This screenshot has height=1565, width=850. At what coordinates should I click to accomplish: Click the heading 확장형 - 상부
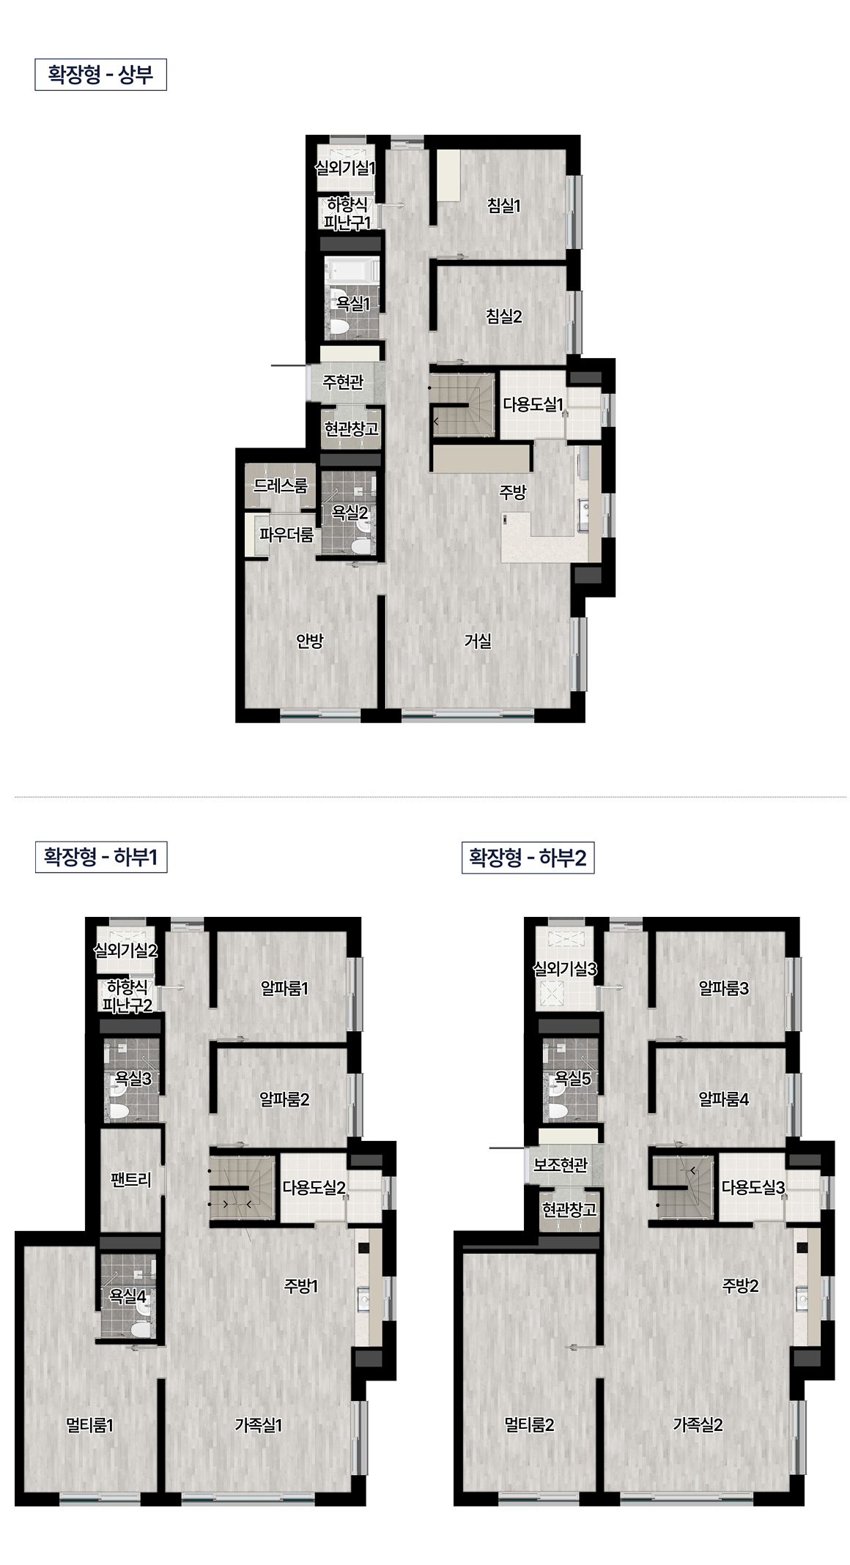click(100, 75)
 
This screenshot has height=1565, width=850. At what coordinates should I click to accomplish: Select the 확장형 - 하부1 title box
click(101, 857)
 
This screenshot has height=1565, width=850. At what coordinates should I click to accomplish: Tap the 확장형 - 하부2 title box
click(528, 858)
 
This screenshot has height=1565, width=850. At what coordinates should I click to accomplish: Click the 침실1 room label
click(503, 206)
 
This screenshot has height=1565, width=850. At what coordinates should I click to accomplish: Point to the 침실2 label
click(504, 316)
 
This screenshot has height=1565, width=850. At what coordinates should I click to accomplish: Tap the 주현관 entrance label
click(343, 382)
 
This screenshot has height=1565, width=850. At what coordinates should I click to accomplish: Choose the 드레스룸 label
click(281, 486)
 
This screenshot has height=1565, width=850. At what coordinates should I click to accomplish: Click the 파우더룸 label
click(287, 535)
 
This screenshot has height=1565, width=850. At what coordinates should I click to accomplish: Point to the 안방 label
click(309, 642)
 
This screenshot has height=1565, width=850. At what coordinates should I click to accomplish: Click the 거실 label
click(478, 642)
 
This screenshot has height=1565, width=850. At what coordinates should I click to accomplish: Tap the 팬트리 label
click(131, 1180)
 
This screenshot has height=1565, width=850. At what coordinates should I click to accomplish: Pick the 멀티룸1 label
click(89, 1425)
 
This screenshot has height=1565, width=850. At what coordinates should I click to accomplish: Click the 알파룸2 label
click(284, 1099)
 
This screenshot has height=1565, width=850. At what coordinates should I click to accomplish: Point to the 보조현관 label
click(561, 1164)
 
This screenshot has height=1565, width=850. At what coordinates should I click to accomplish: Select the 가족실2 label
click(698, 1424)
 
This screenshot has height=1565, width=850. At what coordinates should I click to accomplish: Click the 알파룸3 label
click(724, 989)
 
